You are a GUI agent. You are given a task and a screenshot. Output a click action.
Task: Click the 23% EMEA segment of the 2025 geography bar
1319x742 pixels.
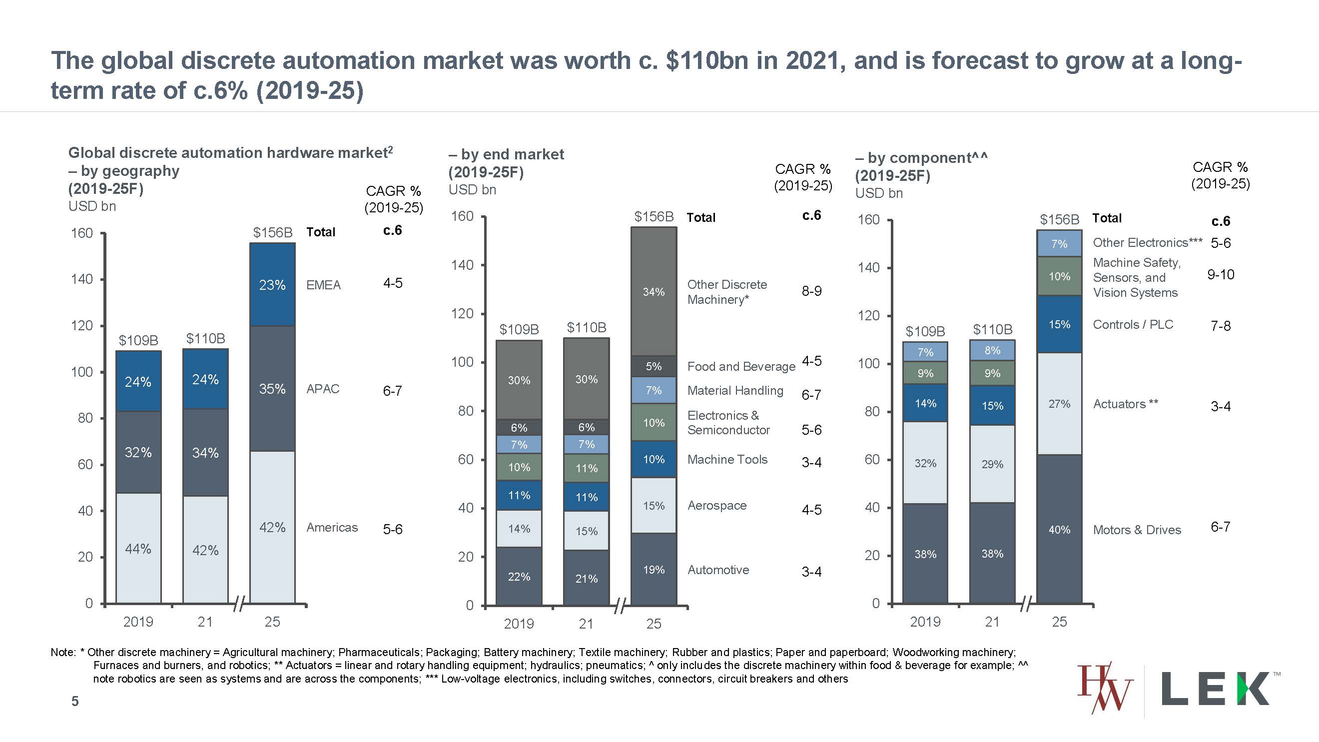(272, 285)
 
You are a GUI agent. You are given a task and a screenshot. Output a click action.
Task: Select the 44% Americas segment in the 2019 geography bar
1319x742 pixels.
(138, 549)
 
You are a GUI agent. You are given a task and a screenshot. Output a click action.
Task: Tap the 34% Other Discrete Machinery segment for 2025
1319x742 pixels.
(654, 292)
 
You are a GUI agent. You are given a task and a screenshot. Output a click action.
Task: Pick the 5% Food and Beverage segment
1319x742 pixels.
(654, 366)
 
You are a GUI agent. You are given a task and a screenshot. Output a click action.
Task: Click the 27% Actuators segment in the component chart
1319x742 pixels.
(1059, 404)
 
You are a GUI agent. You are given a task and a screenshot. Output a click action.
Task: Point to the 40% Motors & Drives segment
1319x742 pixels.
(1059, 530)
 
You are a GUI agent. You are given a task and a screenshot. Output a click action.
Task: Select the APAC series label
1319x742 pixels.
(323, 389)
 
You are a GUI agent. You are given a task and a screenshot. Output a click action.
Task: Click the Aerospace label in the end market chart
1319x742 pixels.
(716, 506)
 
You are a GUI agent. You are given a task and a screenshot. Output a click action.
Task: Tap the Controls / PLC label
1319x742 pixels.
(1133, 325)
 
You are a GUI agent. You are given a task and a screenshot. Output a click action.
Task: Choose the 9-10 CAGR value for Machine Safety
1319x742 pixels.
(1220, 275)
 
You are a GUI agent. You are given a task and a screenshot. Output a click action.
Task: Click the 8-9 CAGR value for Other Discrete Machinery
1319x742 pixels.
(811, 291)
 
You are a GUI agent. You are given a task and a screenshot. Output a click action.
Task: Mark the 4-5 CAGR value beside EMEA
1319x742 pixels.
(393, 283)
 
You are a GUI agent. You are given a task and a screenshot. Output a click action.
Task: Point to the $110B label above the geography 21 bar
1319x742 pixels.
(205, 338)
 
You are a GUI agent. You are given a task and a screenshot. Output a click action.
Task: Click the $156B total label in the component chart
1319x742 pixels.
(1059, 220)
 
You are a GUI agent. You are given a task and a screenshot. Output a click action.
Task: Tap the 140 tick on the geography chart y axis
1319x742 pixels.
(82, 279)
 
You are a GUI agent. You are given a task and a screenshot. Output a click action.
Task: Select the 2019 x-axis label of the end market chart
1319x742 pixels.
(519, 624)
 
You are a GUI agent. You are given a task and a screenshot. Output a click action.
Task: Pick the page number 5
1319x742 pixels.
(75, 701)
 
